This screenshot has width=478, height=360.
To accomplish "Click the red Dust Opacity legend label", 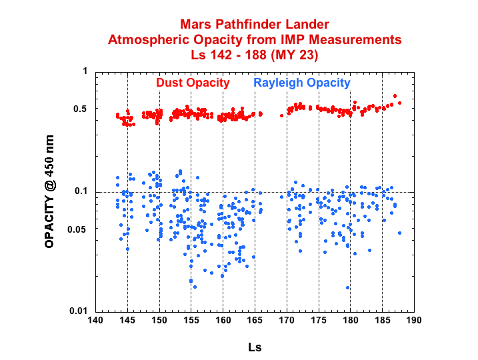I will point(193,83).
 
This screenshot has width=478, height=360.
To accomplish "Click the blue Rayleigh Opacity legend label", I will point(301,83).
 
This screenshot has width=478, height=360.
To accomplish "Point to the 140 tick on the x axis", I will point(95,320).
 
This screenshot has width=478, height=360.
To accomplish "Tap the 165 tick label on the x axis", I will point(255,320).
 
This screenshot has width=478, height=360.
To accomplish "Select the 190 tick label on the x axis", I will point(414,320).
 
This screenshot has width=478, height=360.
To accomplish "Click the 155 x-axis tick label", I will point(191,320).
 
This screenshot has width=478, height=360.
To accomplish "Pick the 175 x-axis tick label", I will point(319,320).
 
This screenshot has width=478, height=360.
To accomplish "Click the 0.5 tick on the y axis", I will point(81,109).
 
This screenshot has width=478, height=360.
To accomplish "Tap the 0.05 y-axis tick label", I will point(78,229).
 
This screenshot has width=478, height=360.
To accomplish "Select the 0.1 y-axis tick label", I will point(81,192).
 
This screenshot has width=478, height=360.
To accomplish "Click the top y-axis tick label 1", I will point(85,71).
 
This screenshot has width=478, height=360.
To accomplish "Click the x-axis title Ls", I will point(255,347).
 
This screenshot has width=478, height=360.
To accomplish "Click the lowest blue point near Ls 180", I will point(347,287).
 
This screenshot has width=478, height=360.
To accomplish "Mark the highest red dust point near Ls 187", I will point(395,96).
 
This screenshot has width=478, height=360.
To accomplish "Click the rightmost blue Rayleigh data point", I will point(399,233).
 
